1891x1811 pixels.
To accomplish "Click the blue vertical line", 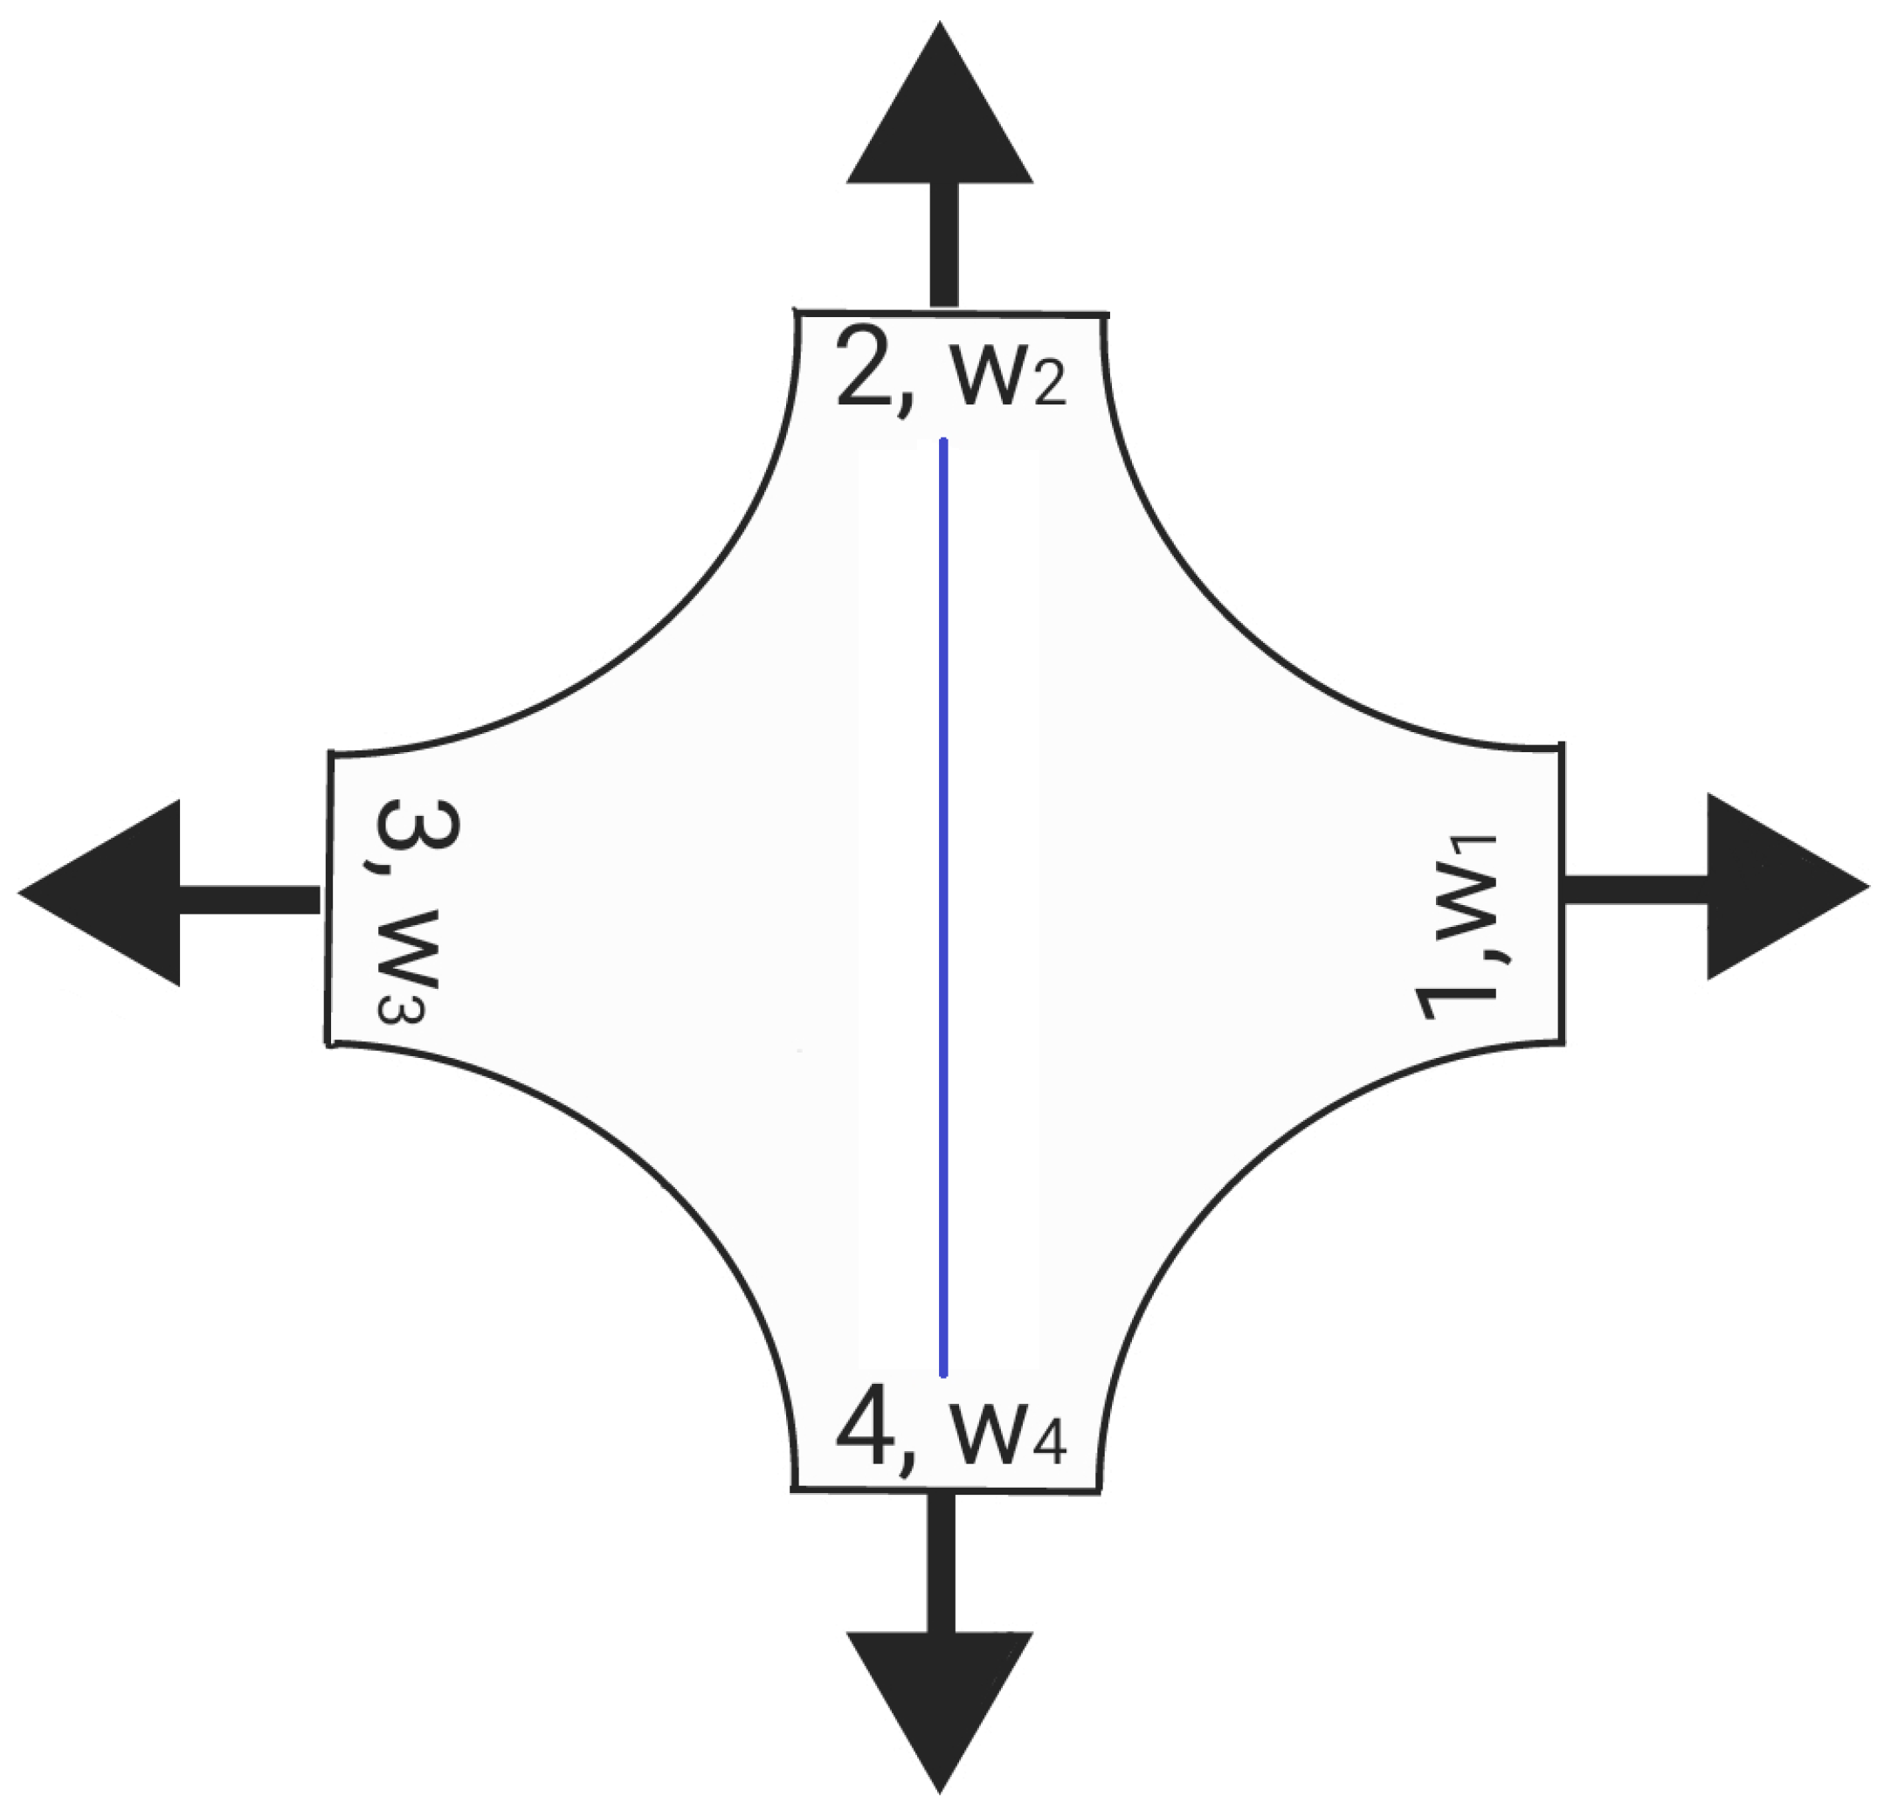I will coord(942,907).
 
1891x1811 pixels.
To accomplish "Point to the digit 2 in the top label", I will coord(866,368).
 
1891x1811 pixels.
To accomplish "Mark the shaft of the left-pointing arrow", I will coord(249,898).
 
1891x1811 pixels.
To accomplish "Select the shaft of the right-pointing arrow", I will coord(1634,888).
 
